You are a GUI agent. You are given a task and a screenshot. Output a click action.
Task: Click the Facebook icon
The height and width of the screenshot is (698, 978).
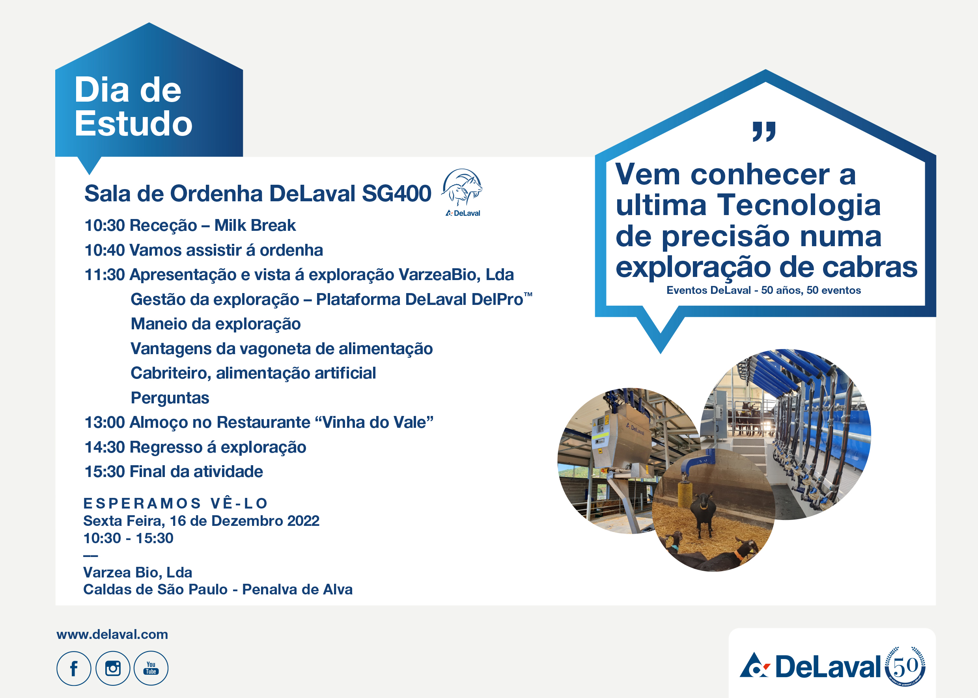[74, 668]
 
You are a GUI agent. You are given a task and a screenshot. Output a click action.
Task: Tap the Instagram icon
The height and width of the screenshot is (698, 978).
[113, 668]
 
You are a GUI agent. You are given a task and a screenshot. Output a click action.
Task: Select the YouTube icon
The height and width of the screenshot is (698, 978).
[151, 668]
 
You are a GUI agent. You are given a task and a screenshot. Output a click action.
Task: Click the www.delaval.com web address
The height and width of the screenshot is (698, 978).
[112, 635]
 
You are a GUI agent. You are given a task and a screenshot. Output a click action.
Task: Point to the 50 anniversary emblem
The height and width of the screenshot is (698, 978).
[905, 666]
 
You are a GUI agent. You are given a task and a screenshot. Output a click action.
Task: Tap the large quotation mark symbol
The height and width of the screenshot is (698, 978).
[764, 132]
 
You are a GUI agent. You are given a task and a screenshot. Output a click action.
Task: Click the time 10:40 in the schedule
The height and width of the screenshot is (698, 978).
[105, 250]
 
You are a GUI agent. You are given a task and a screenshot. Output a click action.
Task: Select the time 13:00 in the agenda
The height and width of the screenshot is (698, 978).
[105, 423]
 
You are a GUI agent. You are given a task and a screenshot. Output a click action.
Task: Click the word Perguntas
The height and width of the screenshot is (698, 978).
[170, 398]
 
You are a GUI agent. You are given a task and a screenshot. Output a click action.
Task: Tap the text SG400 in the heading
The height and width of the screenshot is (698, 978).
[396, 193]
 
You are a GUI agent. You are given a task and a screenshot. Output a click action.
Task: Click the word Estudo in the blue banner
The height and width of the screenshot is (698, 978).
[133, 123]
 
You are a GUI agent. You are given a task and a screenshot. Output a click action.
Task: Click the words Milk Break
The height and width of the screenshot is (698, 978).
[255, 225]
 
